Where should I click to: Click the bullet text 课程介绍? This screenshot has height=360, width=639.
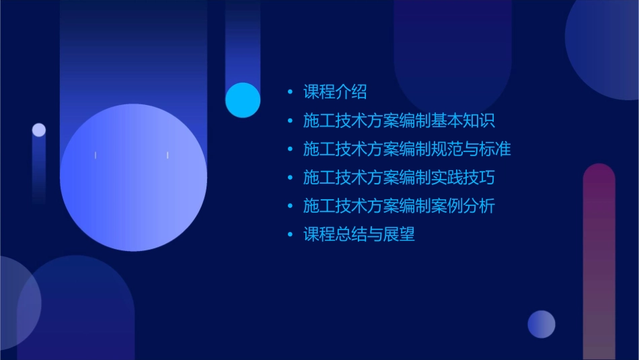click(x=334, y=92)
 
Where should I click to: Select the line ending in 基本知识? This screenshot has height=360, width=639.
click(x=399, y=121)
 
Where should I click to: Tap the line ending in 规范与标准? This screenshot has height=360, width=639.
click(x=407, y=149)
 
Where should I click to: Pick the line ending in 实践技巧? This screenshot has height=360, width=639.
click(x=399, y=178)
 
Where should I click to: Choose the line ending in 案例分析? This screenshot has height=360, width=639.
click(x=399, y=206)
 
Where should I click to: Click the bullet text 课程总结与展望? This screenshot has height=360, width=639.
click(x=359, y=235)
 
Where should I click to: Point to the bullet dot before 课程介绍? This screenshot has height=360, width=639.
click(x=290, y=92)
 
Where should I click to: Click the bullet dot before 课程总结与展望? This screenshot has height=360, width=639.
click(x=290, y=235)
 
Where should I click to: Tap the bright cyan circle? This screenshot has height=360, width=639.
click(x=243, y=100)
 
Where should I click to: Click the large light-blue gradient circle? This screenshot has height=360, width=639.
click(x=133, y=178)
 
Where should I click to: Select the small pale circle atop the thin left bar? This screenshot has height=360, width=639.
click(x=39, y=130)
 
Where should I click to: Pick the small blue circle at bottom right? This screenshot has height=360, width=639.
click(x=541, y=324)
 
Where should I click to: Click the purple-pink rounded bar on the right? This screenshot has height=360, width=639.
click(x=599, y=262)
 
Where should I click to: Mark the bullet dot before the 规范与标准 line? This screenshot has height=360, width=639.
click(x=290, y=149)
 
